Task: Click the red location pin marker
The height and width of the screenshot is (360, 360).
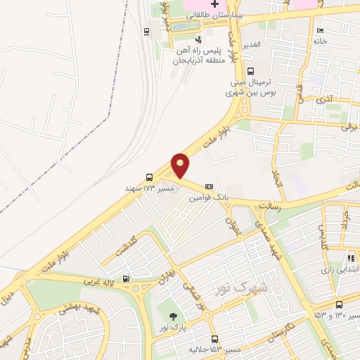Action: click(181, 166)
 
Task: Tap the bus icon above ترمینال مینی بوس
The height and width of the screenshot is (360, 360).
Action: click(250, 70)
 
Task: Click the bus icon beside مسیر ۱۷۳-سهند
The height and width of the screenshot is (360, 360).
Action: click(148, 177)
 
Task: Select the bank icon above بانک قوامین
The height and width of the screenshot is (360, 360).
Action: click(209, 186)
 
